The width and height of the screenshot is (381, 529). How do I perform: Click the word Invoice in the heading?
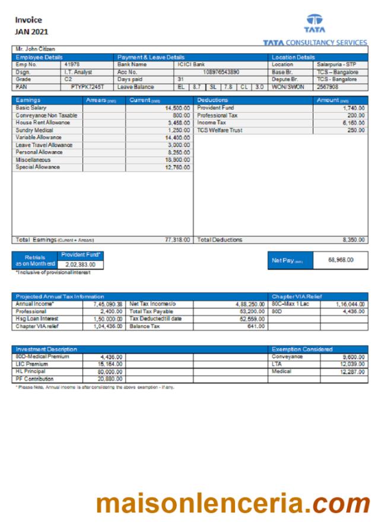(28, 20)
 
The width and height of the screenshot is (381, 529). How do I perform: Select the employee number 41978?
(72, 64)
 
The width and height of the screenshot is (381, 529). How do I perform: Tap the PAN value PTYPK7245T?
(87, 87)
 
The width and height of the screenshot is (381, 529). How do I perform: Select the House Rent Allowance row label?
(42, 123)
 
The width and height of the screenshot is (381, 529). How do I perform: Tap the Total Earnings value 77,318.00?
(177, 240)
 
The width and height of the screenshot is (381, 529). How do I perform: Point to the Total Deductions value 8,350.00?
(354, 240)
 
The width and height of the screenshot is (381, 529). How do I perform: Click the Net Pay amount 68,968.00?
(341, 260)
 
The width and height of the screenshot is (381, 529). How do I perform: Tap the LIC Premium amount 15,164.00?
(110, 364)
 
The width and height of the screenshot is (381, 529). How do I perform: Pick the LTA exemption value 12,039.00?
(352, 364)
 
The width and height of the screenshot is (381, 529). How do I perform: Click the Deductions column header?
(212, 100)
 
